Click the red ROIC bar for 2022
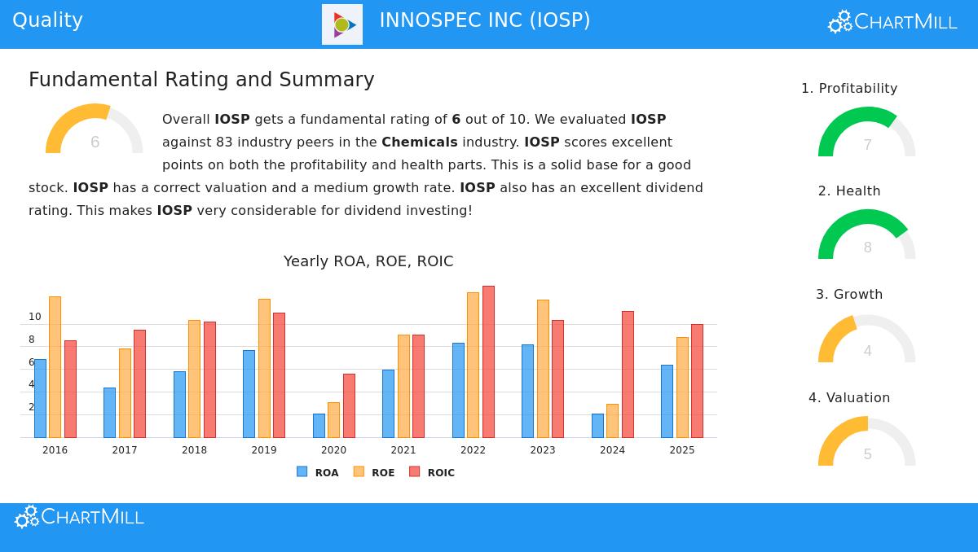coord(488,361)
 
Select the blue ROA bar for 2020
coord(319,425)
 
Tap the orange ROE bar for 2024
coord(612,420)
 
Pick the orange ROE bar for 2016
coord(55,366)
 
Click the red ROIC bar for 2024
coord(628,374)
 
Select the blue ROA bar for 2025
coord(667,401)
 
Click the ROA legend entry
coord(318,472)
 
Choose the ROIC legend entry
coord(432,472)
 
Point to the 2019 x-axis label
coord(264,450)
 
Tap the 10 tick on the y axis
coord(35,317)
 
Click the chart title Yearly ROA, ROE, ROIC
coord(368,261)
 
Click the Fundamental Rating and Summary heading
coord(201,80)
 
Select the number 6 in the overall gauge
coord(95,142)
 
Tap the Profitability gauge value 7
coord(867,145)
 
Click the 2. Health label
coord(849,191)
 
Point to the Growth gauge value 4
coord(867,351)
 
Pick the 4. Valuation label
coord(849,398)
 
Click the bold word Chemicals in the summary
coord(419,142)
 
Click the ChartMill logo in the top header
coord(892,22)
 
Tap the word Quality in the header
coord(47,20)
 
